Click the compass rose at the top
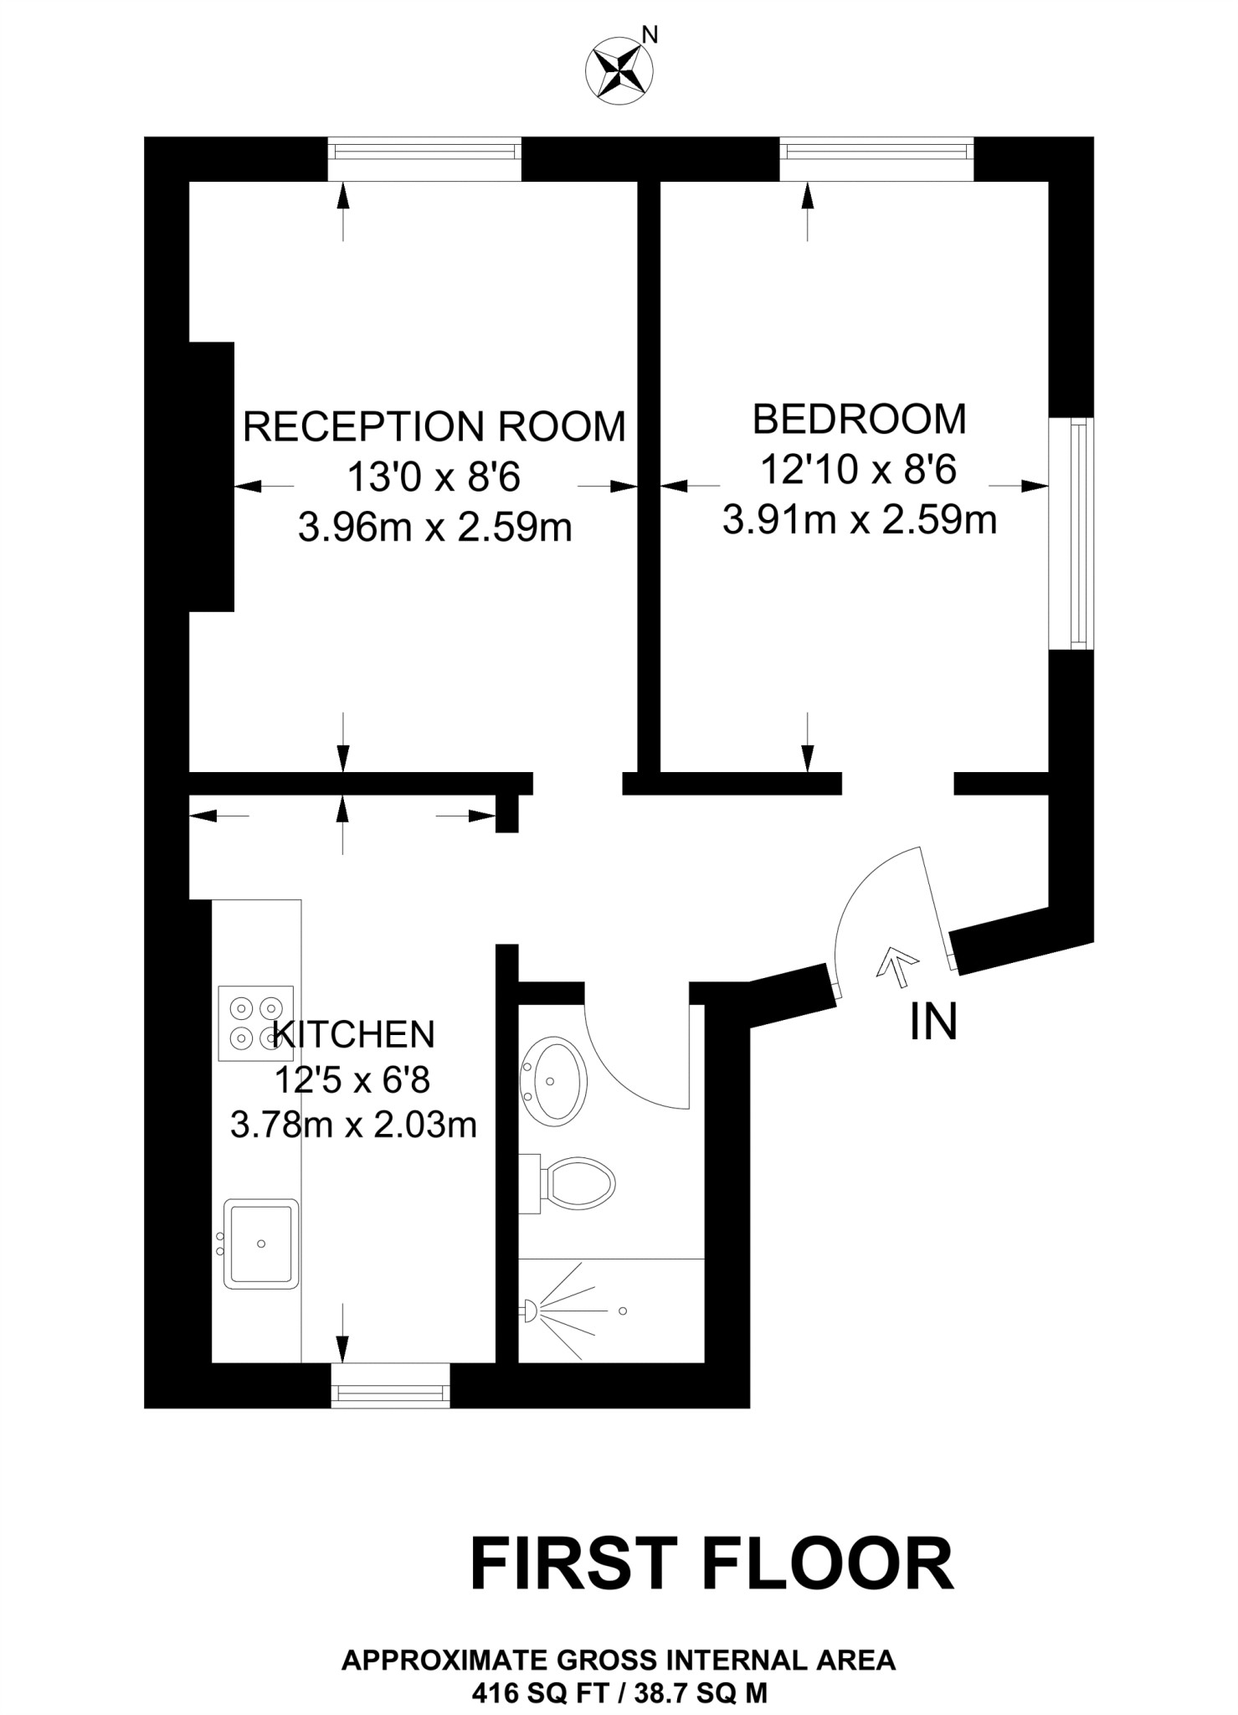tap(619, 72)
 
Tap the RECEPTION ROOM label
tap(434, 427)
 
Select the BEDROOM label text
tap(860, 420)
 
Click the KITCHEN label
tap(355, 1034)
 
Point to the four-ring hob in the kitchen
tap(255, 1023)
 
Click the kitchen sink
tap(261, 1244)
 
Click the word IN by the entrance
tap(933, 1022)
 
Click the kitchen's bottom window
tap(391, 1392)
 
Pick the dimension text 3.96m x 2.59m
tap(435, 528)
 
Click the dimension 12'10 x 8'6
tap(858, 470)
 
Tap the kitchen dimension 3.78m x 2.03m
tap(353, 1125)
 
